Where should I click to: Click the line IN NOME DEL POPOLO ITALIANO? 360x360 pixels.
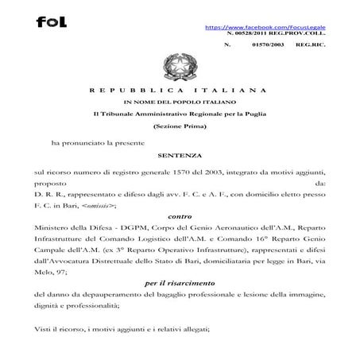(x=180, y=104)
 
